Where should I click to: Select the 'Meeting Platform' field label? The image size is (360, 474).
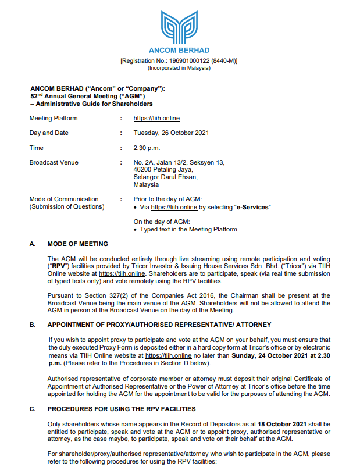pyautogui.click(x=54, y=118)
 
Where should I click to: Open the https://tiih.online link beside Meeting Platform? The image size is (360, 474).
pyautogui.click(x=156, y=118)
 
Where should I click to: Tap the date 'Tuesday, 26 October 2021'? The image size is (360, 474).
pyautogui.click(x=171, y=133)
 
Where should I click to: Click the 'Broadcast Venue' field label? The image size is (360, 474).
pyautogui.click(x=54, y=162)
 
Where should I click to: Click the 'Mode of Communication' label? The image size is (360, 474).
pyautogui.click(x=64, y=199)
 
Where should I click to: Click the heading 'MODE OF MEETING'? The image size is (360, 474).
pyautogui.click(x=77, y=244)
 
